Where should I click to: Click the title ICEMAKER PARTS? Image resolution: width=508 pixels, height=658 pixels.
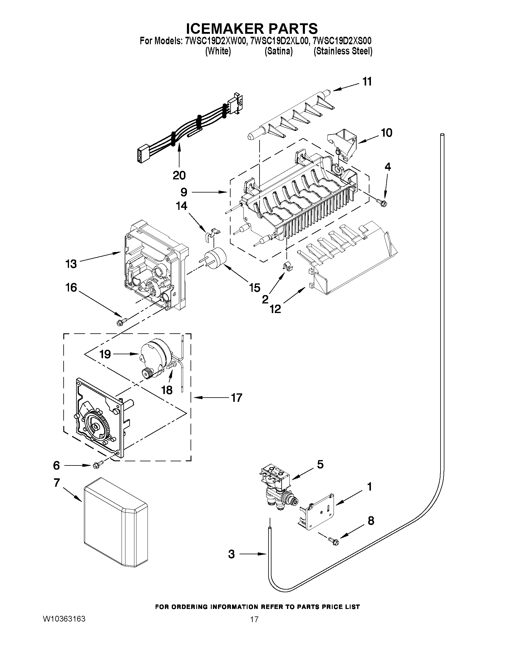[251, 28]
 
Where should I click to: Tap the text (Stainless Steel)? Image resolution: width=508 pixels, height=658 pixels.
[343, 51]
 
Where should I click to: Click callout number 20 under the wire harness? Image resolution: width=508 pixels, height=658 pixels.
[179, 175]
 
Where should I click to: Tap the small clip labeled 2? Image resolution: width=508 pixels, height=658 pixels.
[288, 267]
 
